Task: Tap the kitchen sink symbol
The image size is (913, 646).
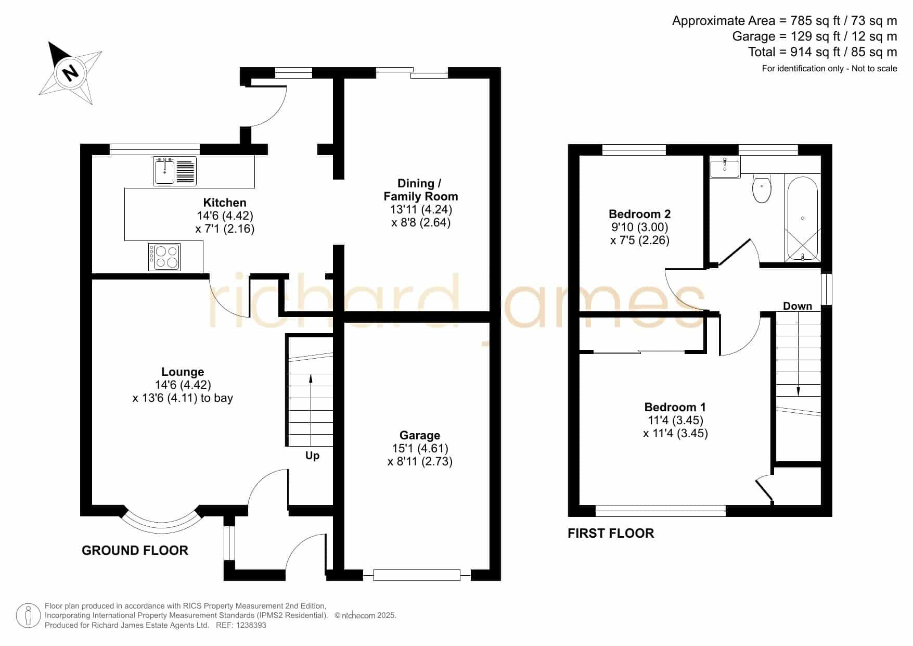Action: (175, 171)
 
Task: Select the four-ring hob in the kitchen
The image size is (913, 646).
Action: (164, 257)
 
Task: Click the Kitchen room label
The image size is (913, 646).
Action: (225, 202)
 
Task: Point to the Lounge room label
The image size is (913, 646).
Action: (183, 372)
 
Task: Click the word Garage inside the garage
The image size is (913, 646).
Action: (420, 435)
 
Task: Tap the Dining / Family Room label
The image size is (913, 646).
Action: (421, 190)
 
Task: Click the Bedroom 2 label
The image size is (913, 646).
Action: (639, 214)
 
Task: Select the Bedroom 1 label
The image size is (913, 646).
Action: (675, 407)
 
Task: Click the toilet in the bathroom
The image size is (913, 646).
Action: (762, 188)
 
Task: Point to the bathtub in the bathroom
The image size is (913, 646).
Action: (803, 219)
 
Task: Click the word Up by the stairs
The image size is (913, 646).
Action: (312, 455)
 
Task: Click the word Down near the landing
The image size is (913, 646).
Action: (798, 306)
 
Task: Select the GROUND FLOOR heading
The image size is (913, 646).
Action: (135, 550)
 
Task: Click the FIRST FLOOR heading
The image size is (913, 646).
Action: (611, 533)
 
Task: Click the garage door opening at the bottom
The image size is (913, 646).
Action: (417, 575)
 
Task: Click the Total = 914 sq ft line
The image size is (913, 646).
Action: (822, 52)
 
